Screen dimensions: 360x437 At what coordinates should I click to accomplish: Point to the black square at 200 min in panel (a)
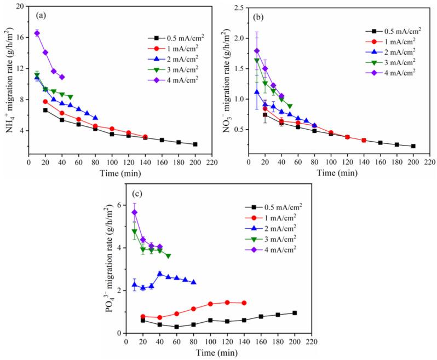click(x=195, y=144)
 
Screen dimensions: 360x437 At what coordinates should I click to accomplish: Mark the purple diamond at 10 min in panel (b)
click(x=257, y=51)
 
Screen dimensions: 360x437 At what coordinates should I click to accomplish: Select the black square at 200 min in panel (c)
click(x=295, y=313)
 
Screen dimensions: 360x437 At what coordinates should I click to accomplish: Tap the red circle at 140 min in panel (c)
click(x=244, y=303)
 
